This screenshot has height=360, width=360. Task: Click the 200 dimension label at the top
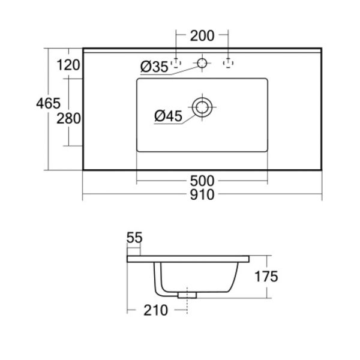[202, 36]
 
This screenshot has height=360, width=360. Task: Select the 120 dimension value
[68, 65]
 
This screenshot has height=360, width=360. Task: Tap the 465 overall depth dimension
[48, 103]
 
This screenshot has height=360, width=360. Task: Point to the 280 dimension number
[68, 118]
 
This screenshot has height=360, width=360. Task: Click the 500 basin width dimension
[202, 181]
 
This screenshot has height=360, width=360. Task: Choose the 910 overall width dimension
[202, 194]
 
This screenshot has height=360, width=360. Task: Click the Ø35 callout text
[154, 67]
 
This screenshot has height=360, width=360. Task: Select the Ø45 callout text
[168, 116]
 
